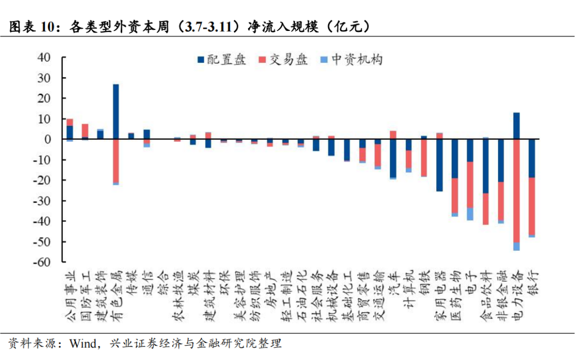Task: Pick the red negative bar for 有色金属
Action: coord(116,161)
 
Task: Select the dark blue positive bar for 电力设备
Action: coord(516,126)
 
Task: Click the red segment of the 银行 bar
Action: coord(532,206)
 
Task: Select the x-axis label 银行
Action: coord(532,283)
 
